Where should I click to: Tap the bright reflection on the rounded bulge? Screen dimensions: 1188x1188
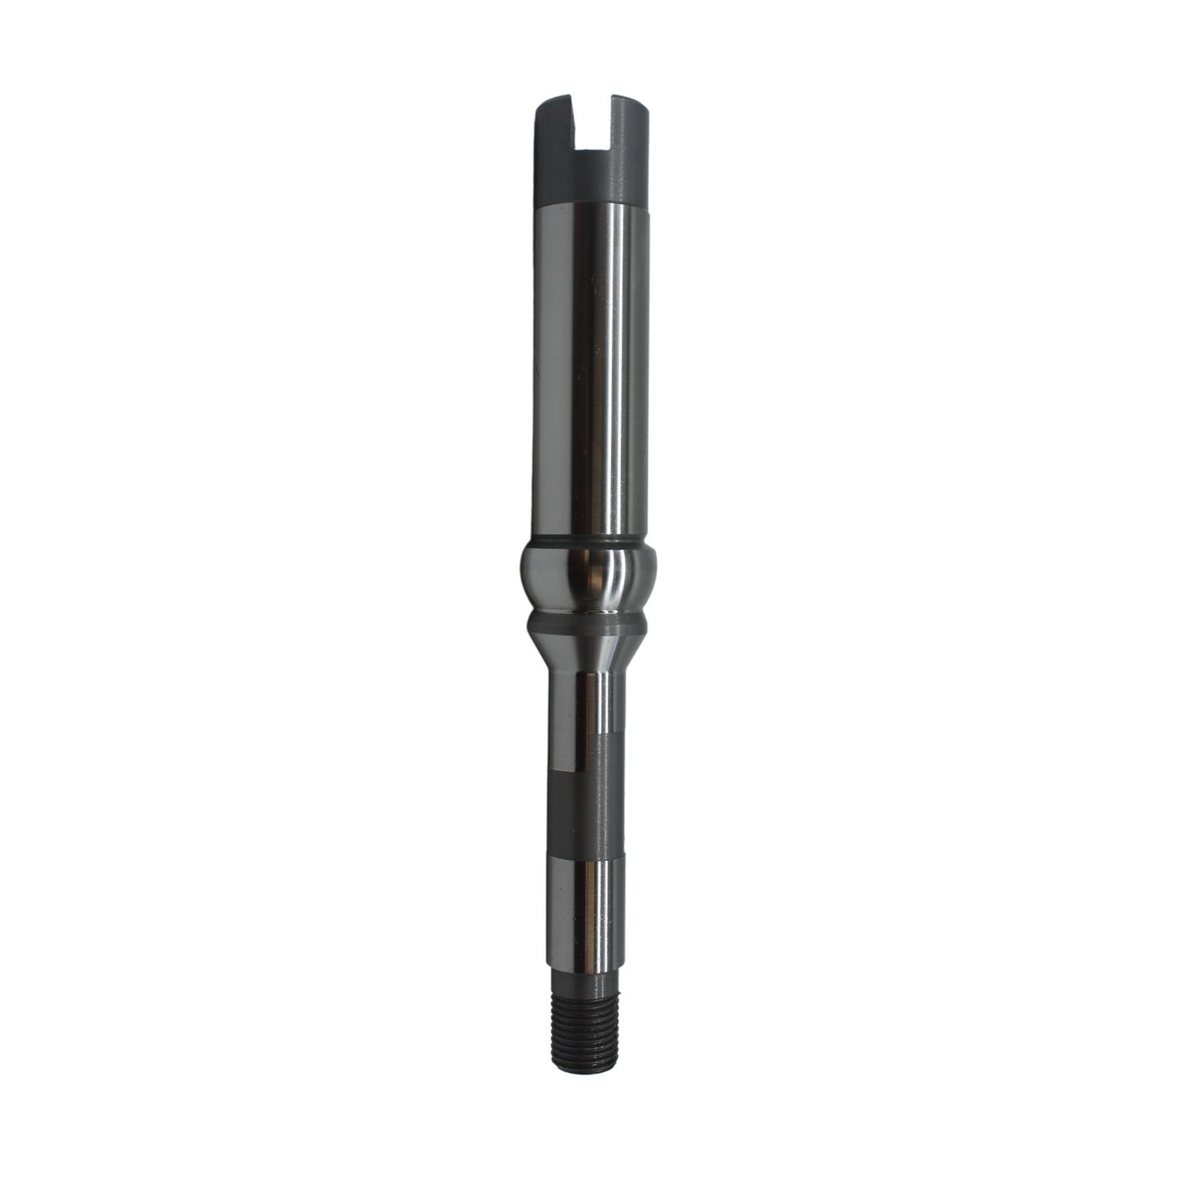[604, 576]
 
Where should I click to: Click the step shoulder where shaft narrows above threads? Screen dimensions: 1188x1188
[589, 973]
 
